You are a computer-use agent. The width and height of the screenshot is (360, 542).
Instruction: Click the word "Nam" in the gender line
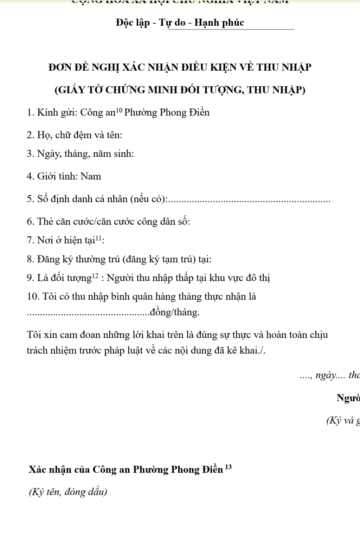point(91,176)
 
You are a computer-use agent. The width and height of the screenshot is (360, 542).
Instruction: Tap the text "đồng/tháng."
point(175,312)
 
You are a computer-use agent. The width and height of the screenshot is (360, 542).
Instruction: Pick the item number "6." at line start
point(30,222)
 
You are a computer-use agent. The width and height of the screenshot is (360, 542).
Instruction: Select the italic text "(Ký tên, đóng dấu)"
point(67,492)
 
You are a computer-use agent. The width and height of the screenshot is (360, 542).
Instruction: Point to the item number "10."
point(33,297)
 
